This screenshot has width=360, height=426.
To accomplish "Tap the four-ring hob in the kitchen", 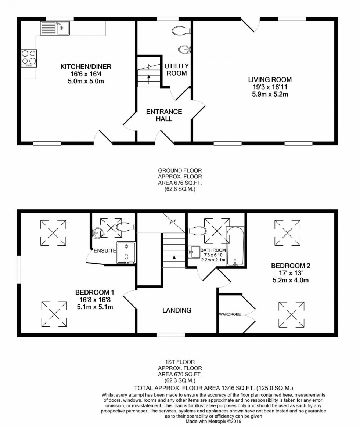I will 29,58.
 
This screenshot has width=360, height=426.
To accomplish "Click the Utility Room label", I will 176,69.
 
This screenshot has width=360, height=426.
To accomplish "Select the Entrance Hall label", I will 164,115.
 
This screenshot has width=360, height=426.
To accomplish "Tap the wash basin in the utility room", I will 184,49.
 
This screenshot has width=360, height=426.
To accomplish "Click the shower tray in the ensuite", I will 126,253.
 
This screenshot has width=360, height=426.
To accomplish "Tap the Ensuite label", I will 104,251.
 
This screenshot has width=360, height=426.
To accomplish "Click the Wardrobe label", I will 230,314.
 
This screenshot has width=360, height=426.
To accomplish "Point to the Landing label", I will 177,310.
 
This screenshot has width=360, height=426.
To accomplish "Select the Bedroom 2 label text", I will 291,266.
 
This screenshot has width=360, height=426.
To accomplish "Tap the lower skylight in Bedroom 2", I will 291,314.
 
